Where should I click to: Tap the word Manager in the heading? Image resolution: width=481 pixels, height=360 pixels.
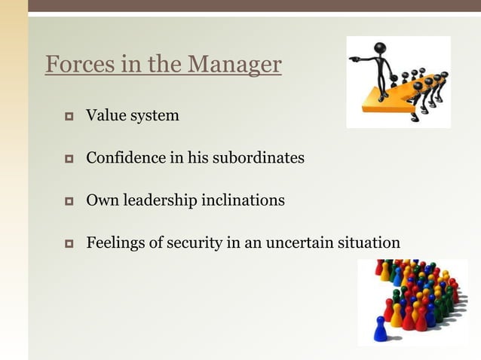234,65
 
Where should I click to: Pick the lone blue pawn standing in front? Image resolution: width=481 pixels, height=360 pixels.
380,329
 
